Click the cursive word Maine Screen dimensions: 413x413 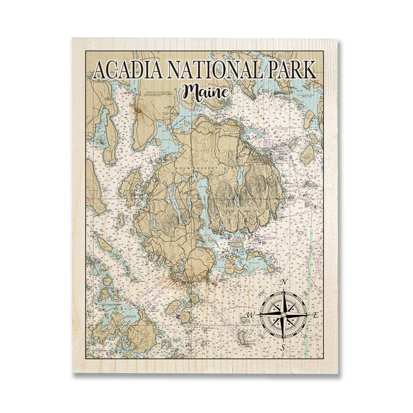[x=205, y=92]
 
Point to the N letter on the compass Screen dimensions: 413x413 [x=283, y=282]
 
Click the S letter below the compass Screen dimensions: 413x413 [x=283, y=347]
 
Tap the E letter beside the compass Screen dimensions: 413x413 [x=315, y=315]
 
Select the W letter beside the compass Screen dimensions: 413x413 [x=250, y=315]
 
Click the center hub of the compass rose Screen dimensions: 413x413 [x=283, y=315]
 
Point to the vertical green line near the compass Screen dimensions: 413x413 [x=310, y=270]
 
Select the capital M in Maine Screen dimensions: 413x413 [x=190, y=91]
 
